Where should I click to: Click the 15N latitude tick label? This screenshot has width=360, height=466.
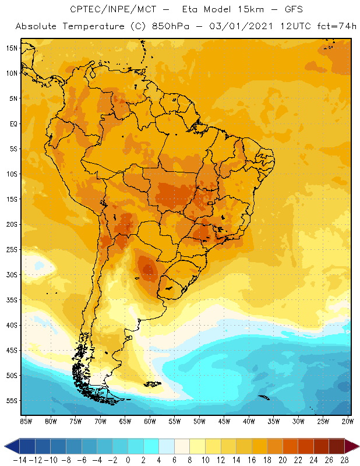(11, 48)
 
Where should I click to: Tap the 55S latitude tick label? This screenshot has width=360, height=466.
(11, 401)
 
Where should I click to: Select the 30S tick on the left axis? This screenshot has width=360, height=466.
(11, 275)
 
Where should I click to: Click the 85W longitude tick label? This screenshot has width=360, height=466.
(26, 421)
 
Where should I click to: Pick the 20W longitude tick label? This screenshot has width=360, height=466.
(347, 421)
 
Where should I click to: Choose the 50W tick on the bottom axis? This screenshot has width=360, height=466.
(199, 421)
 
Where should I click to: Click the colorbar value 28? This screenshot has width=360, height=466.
(344, 460)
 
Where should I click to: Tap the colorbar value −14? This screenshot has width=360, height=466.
(19, 460)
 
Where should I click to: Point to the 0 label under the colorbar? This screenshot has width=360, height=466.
(128, 460)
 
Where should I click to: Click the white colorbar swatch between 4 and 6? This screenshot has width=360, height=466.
(166, 446)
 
